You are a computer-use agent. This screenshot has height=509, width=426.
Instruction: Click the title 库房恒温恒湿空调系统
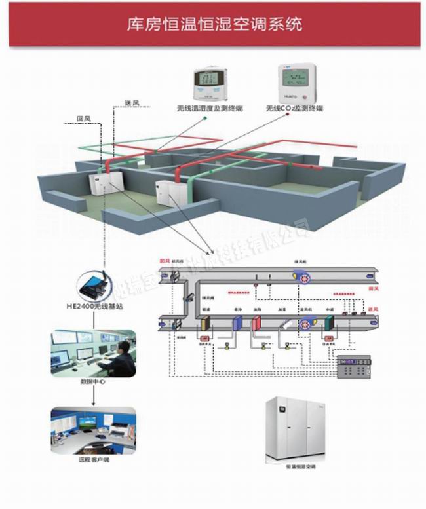click(214, 25)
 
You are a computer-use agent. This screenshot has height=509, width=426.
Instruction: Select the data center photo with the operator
click(94, 354)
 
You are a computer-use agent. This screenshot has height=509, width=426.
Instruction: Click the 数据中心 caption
click(93, 381)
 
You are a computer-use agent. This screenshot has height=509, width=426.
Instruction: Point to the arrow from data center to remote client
click(94, 394)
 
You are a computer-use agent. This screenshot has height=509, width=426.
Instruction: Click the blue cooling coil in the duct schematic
click(237, 323)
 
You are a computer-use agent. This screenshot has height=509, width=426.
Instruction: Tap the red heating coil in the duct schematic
click(256, 323)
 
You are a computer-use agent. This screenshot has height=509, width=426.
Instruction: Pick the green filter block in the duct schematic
click(327, 323)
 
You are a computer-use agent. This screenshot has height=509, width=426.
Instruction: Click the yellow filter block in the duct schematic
click(206, 323)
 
